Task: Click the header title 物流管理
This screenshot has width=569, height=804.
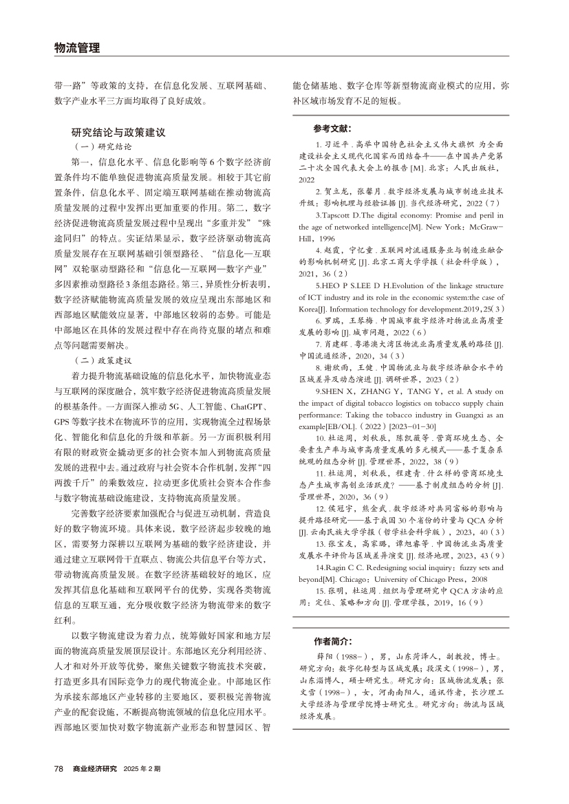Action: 77,48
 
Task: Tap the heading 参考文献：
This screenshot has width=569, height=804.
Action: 332,129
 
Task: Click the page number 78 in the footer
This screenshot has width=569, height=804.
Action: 58,768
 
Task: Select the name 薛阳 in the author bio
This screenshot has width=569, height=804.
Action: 324,656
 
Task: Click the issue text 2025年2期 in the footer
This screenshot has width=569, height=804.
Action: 142,768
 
